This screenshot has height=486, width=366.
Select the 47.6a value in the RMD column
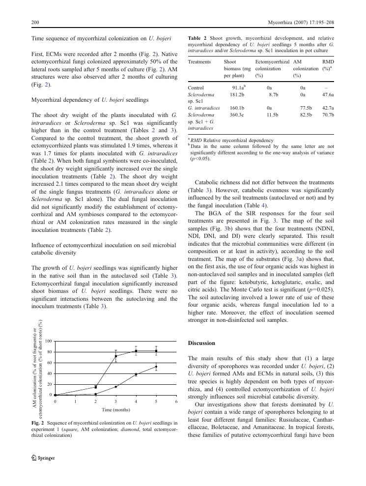tap(328, 94)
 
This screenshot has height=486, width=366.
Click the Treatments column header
tap(199, 62)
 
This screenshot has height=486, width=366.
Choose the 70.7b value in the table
tap(328, 114)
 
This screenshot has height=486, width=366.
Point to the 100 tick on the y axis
tap(48, 341)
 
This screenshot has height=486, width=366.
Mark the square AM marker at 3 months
tap(116, 356)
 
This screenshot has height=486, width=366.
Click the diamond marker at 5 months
tap(156, 367)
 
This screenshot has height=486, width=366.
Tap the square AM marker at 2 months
tap(96, 387)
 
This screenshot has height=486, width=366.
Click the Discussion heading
tap(201, 343)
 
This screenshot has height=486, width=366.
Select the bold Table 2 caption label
tap(198, 38)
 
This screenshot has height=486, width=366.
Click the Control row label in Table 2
tap(196, 87)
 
